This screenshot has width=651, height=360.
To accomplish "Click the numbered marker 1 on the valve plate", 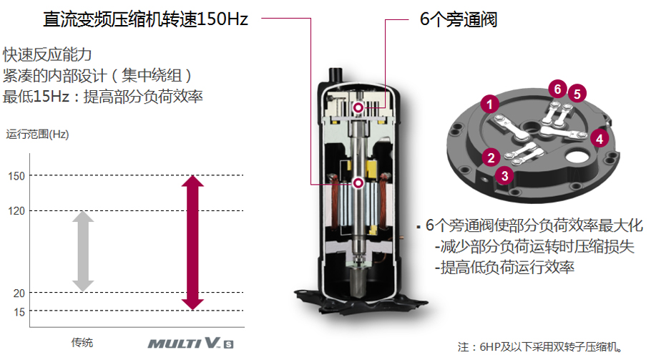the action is (x=490, y=104).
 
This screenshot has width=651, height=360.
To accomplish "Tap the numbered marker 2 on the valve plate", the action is (x=491, y=157).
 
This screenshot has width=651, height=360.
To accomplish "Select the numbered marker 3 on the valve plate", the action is (x=505, y=175).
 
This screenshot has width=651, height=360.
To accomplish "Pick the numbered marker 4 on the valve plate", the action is (x=599, y=139).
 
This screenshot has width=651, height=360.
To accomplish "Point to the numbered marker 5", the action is (x=577, y=94).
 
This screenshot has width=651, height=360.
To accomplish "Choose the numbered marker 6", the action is (x=557, y=89).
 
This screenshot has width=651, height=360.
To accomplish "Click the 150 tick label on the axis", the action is (x=16, y=176).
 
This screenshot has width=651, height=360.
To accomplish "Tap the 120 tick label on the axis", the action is (x=16, y=211).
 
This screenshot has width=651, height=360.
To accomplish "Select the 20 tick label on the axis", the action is (x=19, y=293).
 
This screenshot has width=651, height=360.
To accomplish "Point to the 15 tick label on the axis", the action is (x=19, y=312).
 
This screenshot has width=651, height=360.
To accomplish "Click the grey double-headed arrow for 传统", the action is (x=83, y=251).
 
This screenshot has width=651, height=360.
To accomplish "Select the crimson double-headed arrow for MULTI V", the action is (x=192, y=243).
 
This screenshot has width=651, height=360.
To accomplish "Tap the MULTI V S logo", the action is (x=191, y=343).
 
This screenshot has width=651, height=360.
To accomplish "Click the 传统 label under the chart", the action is (x=82, y=343).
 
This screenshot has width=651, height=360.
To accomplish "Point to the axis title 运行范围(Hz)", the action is (x=37, y=134).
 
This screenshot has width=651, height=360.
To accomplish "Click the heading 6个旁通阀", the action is (x=459, y=19).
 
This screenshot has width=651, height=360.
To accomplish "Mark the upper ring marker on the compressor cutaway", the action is (x=358, y=108).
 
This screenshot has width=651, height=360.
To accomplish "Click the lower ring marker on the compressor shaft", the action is (x=358, y=183).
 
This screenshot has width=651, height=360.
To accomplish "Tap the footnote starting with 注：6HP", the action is (x=539, y=346).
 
